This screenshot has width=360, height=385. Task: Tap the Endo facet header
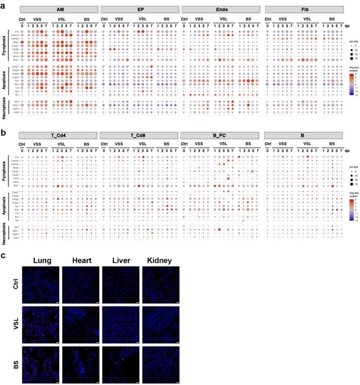(221, 9)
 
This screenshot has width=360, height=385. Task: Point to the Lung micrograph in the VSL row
(40, 325)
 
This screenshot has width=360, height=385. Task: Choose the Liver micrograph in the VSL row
(120, 325)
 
